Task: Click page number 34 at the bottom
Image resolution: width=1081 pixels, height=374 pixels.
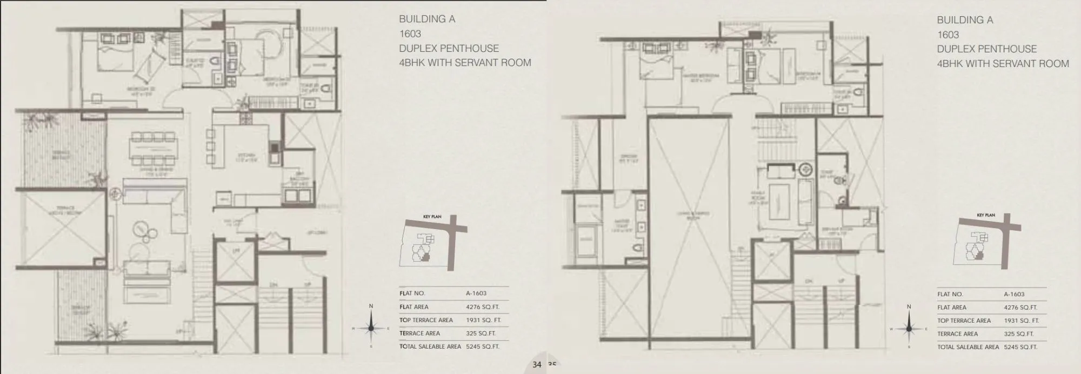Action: click(x=536, y=365)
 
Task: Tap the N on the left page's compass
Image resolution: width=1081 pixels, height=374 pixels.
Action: click(x=371, y=306)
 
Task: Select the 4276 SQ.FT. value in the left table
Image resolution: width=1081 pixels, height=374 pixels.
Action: click(x=483, y=307)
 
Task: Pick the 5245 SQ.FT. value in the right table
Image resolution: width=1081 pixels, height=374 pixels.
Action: click(x=1020, y=347)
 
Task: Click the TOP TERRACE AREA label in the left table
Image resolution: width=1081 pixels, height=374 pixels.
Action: click(x=426, y=320)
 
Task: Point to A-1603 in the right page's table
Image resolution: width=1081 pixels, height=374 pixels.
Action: click(x=1014, y=295)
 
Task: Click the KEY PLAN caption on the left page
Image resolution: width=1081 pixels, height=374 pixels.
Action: click(x=432, y=217)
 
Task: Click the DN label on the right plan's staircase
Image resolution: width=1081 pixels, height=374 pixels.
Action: click(x=809, y=281)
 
